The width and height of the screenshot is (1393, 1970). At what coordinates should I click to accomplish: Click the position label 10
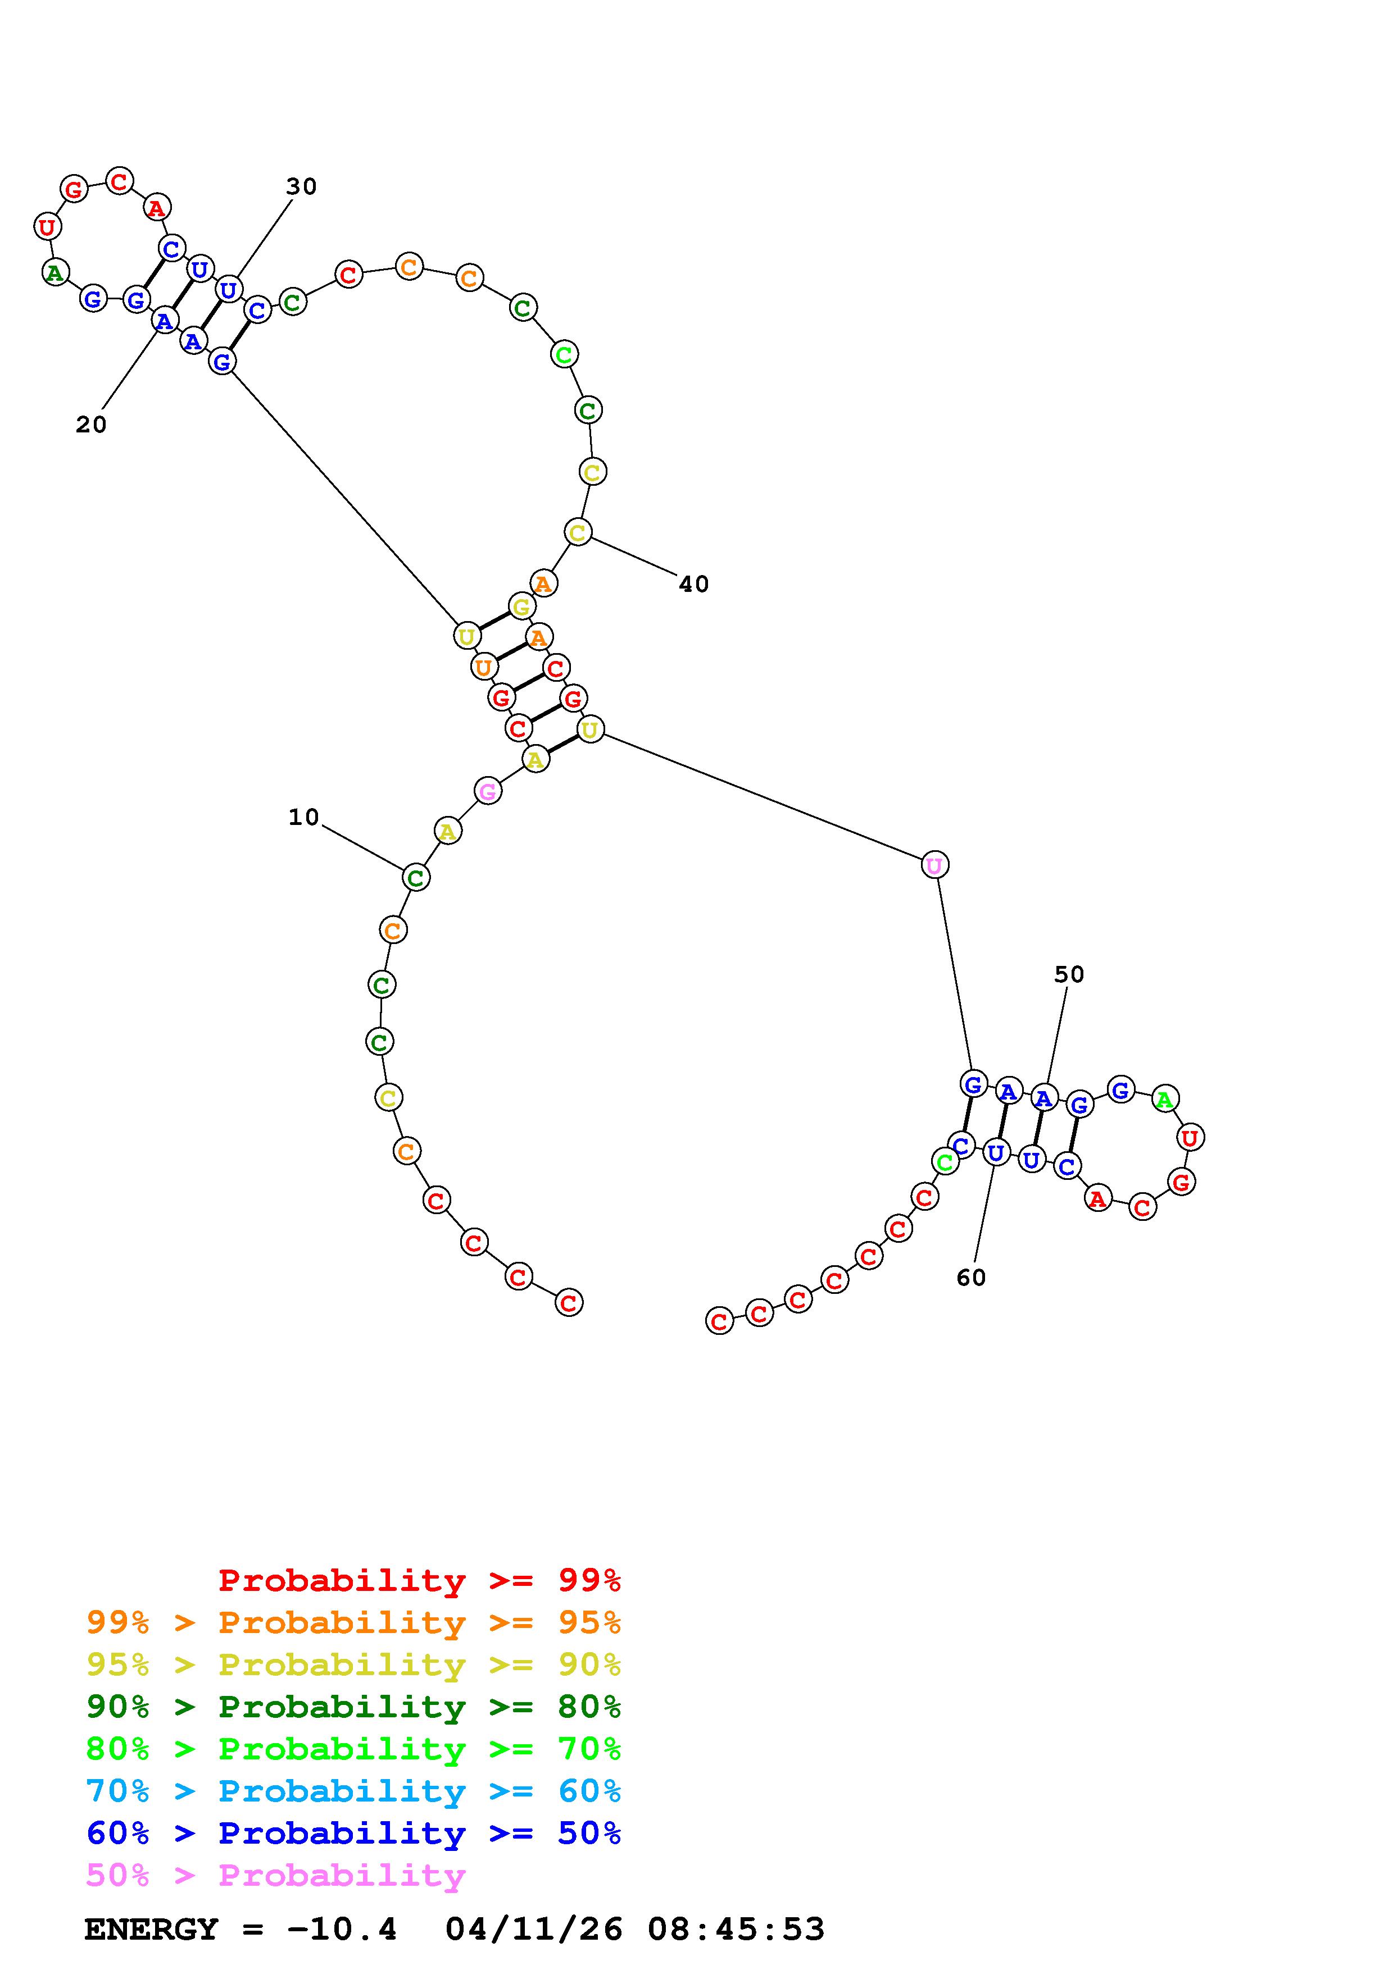(x=303, y=818)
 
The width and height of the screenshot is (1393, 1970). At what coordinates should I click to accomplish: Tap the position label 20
(x=91, y=425)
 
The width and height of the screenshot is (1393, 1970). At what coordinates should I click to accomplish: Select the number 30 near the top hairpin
(x=301, y=187)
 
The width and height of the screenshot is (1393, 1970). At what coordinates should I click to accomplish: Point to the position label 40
(x=693, y=584)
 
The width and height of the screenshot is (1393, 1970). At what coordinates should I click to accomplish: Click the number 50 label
(x=1069, y=975)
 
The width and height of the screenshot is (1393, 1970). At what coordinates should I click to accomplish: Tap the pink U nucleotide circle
(x=934, y=865)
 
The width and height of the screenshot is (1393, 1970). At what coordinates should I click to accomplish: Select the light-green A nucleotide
(x=1164, y=1098)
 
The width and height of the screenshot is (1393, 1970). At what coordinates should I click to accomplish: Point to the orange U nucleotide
(x=484, y=667)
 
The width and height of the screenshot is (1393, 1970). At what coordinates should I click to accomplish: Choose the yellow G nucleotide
(x=521, y=606)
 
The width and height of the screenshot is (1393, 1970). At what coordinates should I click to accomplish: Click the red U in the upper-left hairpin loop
(x=47, y=226)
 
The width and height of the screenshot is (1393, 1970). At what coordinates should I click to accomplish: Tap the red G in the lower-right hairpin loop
(x=1181, y=1182)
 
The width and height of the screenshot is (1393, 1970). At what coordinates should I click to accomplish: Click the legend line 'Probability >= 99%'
(x=419, y=1580)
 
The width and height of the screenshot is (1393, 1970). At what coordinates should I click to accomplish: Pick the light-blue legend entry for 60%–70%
(x=353, y=1791)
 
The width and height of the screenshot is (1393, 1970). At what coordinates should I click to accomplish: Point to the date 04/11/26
(x=534, y=1929)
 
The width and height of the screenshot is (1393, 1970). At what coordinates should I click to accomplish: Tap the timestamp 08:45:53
(x=736, y=1929)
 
